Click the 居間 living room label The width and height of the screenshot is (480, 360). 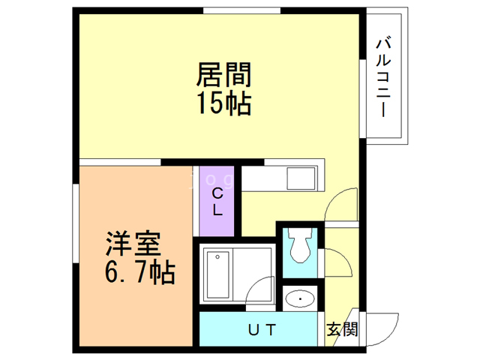[x=223, y=76]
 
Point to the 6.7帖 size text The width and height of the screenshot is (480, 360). [x=139, y=271]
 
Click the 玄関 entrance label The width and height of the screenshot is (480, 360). [x=342, y=329]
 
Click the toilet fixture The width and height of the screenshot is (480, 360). [x=301, y=246]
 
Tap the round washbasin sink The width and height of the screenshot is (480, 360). [x=301, y=300]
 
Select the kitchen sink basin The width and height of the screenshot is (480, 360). [x=301, y=180]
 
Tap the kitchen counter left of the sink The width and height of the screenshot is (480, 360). [x=262, y=180]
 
